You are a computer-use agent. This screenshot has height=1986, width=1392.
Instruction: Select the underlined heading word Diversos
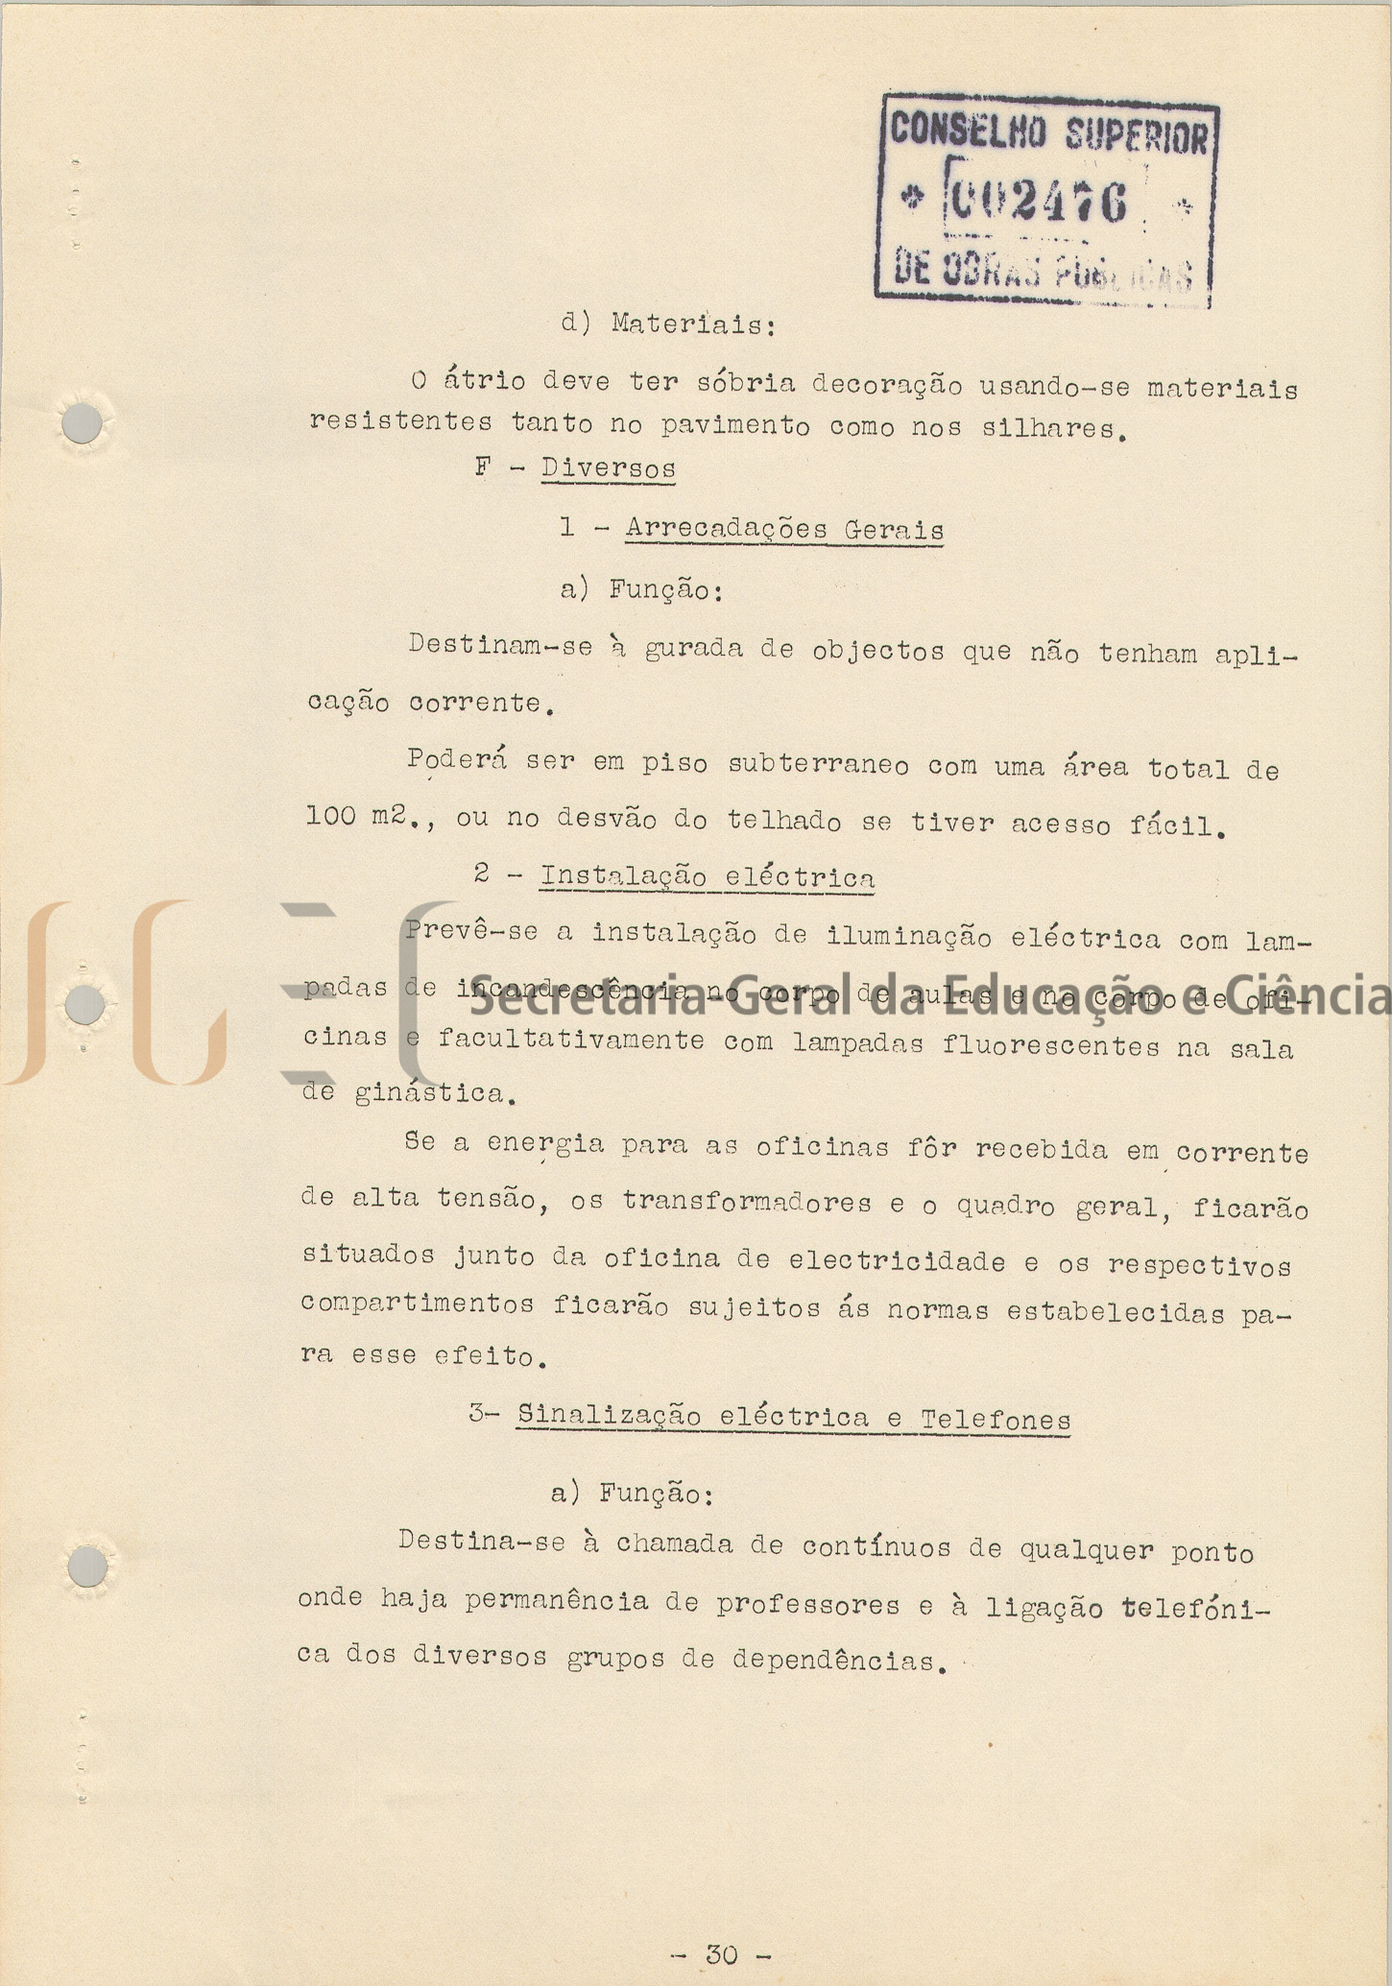pos(608,468)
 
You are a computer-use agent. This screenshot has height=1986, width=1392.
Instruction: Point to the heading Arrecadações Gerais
pos(784,529)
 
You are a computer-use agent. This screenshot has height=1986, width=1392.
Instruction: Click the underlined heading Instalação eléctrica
pos(707,877)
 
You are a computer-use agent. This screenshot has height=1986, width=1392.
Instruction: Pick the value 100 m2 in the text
pos(360,816)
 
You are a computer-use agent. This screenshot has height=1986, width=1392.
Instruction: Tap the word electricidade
pos(897,1260)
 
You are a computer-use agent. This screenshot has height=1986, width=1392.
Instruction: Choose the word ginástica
pos(428,1093)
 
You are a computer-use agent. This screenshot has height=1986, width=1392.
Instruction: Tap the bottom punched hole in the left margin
pos(86,1567)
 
